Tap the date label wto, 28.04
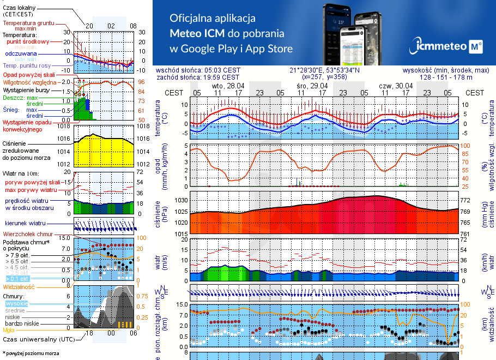(228, 86)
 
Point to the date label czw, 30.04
(396, 86)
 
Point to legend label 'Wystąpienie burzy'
(27, 89)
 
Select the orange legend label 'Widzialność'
(19, 286)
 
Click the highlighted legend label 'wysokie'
(16, 303)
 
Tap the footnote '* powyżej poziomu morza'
(31, 353)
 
